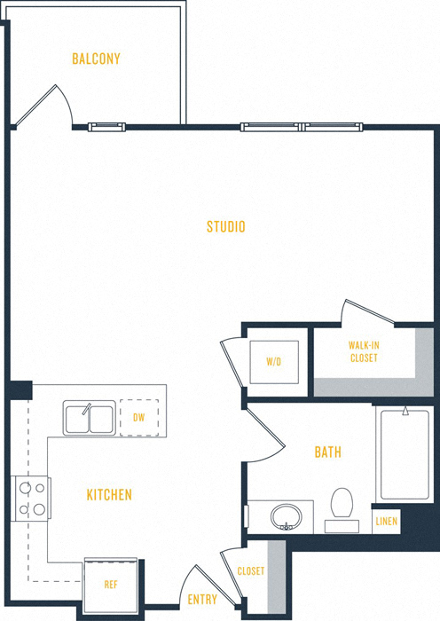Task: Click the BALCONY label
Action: (96, 59)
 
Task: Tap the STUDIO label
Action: (225, 227)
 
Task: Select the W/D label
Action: (273, 361)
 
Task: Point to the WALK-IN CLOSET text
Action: (364, 351)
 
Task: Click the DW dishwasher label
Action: (138, 417)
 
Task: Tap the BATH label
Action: (327, 452)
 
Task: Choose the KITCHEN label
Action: (109, 494)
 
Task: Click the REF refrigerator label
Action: (111, 585)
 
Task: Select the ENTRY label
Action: (202, 600)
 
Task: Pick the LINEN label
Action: (386, 521)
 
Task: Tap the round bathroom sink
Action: (286, 515)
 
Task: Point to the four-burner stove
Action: (31, 498)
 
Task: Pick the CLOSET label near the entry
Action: (250, 571)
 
